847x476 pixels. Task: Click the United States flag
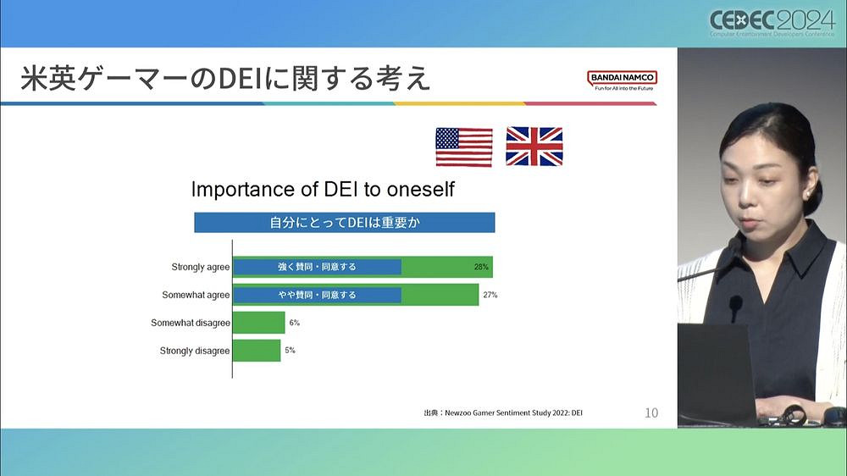463,147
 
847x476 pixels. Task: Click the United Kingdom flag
534,147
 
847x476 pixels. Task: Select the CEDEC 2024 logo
772,24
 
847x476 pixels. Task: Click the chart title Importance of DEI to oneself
323,189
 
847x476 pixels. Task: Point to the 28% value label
481,267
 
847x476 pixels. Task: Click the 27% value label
490,295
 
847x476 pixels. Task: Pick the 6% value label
294,323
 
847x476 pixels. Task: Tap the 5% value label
290,351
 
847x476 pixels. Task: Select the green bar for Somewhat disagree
258,323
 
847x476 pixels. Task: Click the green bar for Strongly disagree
256,351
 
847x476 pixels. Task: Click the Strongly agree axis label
200,267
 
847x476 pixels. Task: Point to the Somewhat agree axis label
196,295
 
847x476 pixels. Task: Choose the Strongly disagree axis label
195,351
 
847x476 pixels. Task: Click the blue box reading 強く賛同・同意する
317,267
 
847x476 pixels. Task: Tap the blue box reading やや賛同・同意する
317,295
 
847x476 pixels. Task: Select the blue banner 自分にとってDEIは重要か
344,223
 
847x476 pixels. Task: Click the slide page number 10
650,413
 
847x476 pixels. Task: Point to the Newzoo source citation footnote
503,413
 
